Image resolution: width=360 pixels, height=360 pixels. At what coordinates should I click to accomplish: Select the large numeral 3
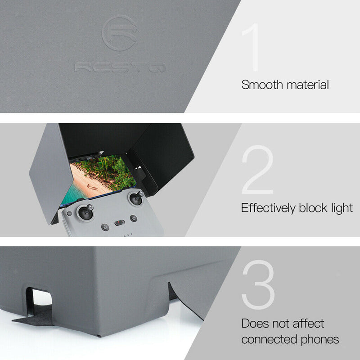point(258,285)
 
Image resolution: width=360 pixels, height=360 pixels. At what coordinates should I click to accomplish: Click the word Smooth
point(260,85)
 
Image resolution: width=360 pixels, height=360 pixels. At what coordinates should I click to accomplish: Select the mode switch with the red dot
point(119,222)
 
